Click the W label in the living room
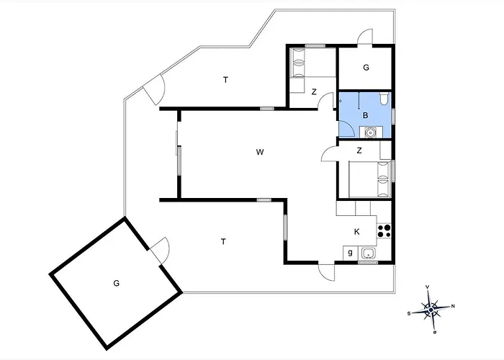pos(260,152)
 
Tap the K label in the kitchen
pos(357,232)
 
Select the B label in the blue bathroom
pos(365,115)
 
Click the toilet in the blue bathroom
pos(384,99)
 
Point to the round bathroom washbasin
pos(371,132)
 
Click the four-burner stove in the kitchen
pos(384,231)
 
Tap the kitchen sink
pos(367,253)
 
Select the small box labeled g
pos(351,253)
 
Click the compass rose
pos(431,310)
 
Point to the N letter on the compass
pos(453,306)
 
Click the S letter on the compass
pos(409,314)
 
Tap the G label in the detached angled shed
pos(117,283)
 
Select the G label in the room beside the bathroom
pos(366,68)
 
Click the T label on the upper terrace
pos(225,80)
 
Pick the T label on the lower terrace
pos(223,241)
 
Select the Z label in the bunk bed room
pos(314,92)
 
